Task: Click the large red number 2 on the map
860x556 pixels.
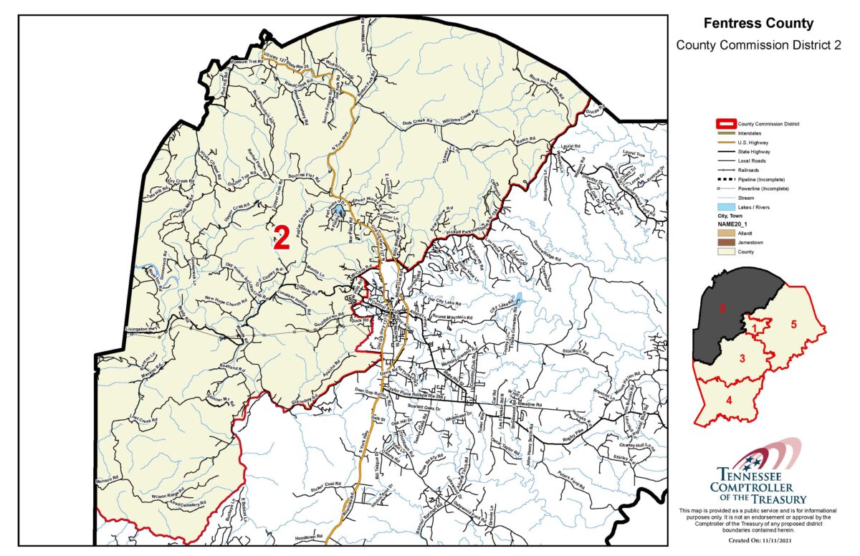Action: pos(282,238)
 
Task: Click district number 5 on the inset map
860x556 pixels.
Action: pos(793,323)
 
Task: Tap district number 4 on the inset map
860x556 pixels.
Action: pos(729,401)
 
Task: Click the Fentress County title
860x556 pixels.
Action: pos(758,24)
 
